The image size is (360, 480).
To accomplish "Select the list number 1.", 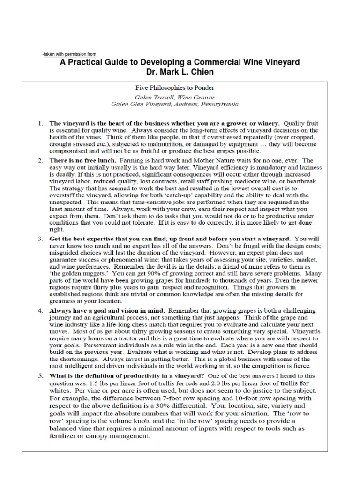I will (x=40, y=123).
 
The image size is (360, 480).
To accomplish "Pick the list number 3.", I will (x=40, y=239).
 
